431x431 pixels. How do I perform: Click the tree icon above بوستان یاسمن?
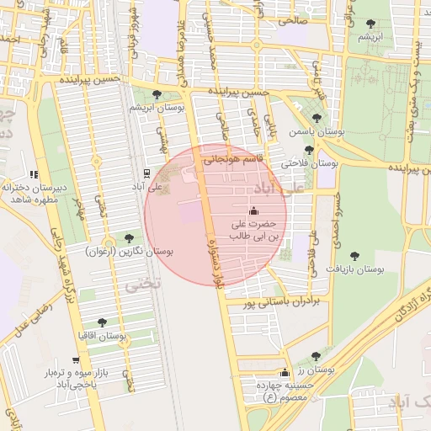click(317, 118)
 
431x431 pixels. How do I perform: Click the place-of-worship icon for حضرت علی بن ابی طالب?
click(253, 210)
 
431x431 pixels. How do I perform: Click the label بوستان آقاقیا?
click(102, 336)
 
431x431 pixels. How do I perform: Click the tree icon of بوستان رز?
click(316, 356)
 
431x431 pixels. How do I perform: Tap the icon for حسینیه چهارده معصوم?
click(285, 373)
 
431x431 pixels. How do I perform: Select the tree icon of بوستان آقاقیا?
click(102, 322)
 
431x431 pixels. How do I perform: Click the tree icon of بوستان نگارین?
click(128, 238)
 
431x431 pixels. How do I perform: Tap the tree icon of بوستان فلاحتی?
click(309, 150)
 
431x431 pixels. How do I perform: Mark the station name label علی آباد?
click(147, 187)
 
